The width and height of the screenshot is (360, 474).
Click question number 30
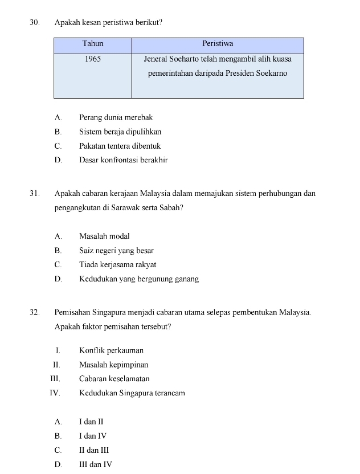click(x=34, y=23)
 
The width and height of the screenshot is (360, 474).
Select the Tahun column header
click(x=93, y=44)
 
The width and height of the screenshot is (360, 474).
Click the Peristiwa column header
click(x=218, y=44)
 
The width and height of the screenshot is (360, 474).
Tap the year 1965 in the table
click(x=93, y=59)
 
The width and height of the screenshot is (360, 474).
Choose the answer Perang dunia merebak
click(x=116, y=117)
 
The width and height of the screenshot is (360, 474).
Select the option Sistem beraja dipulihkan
click(x=120, y=132)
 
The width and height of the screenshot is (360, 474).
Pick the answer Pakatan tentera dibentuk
click(x=120, y=146)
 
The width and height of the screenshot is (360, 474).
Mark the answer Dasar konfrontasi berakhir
click(x=123, y=160)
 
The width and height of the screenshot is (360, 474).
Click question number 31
click(x=34, y=194)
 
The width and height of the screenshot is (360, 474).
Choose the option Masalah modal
click(x=104, y=236)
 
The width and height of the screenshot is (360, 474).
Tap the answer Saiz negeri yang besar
click(x=116, y=250)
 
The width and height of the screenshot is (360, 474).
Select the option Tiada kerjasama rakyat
click(x=117, y=264)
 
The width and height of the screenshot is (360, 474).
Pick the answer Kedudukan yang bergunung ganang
click(x=138, y=279)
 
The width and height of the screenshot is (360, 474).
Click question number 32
click(x=34, y=312)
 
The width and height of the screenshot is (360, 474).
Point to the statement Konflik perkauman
click(x=111, y=350)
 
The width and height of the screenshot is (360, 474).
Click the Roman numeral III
click(x=55, y=379)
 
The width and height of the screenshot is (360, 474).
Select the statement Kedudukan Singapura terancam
click(x=132, y=393)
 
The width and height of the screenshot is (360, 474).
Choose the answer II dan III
click(x=94, y=450)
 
